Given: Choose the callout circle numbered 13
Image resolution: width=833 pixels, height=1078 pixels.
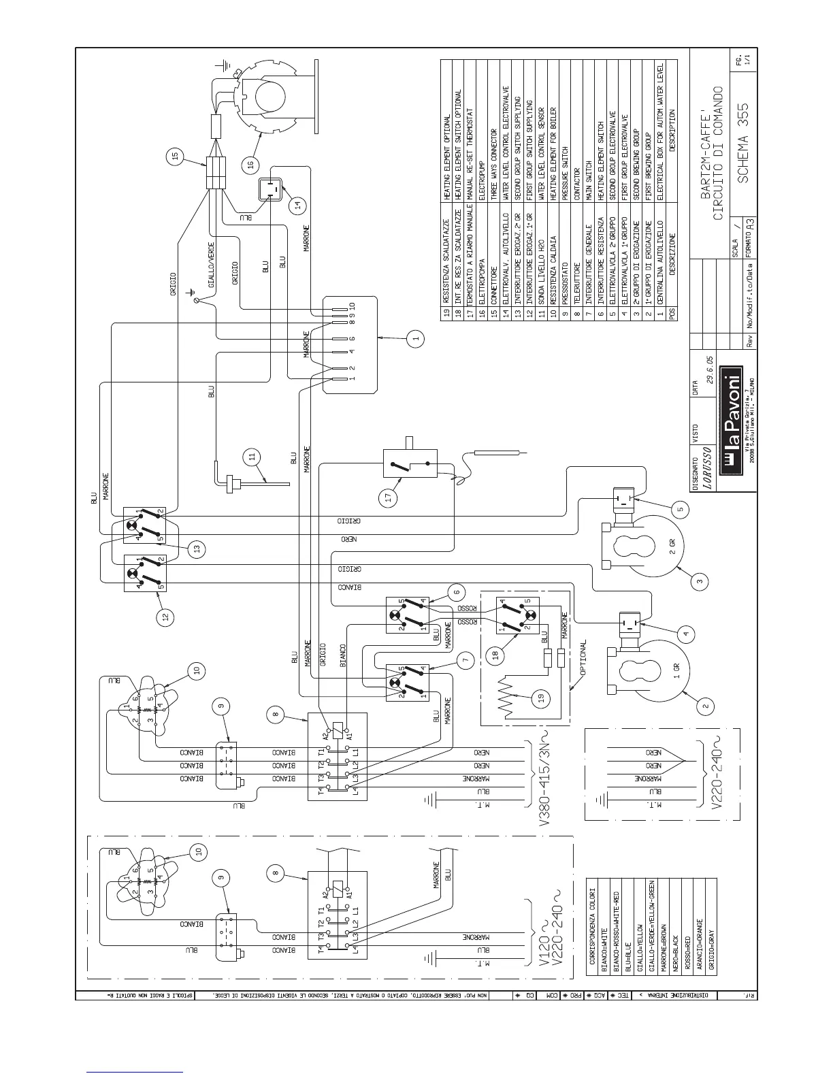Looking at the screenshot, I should (x=197, y=549).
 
